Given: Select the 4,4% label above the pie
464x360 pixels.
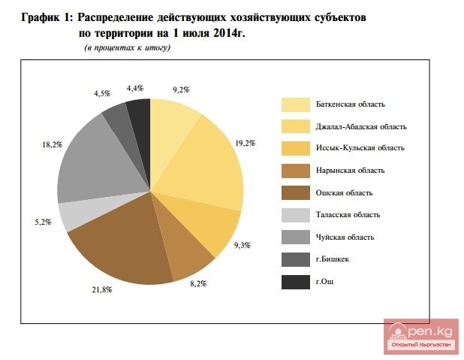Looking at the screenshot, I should coord(135,89).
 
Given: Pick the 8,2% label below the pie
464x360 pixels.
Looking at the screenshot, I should coord(197,283).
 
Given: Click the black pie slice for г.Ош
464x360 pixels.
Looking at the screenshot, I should coord(140,112).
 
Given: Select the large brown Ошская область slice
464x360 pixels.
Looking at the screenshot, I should coord(124,241).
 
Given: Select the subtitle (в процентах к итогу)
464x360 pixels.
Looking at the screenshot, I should coord(128,48).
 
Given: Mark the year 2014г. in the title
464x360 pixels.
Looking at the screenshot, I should coord(229,34).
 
